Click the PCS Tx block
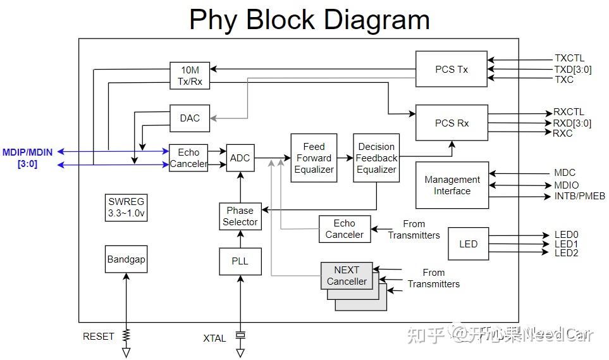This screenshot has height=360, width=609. pyautogui.click(x=451, y=69)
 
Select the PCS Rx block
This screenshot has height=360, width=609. pyautogui.click(x=452, y=123)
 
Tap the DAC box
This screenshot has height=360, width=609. pyautogui.click(x=190, y=118)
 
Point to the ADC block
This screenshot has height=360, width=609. pyautogui.click(x=240, y=158)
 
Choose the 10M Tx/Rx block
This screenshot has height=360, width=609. pyautogui.click(x=190, y=75)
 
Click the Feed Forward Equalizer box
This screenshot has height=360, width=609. pyautogui.click(x=314, y=158)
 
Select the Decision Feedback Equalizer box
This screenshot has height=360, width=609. pyautogui.click(x=376, y=158)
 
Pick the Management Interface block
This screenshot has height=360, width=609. pyautogui.click(x=452, y=185)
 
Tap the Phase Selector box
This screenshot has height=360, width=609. pyautogui.click(x=240, y=216)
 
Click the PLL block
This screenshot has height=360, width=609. pyautogui.click(x=240, y=261)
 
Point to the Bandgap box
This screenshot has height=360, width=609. pyautogui.click(x=126, y=259)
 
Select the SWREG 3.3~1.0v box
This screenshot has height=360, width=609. pyautogui.click(x=126, y=208)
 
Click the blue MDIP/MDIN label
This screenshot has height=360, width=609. pyautogui.click(x=28, y=158)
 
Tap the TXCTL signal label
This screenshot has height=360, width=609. pyautogui.click(x=569, y=58)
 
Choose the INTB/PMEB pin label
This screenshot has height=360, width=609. pyautogui.click(x=579, y=196)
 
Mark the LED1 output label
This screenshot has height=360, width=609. pyautogui.click(x=566, y=244)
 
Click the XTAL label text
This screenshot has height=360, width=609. pyautogui.click(x=214, y=338)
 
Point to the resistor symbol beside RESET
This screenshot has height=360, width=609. pyautogui.click(x=126, y=335)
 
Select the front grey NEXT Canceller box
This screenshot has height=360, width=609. pyautogui.click(x=347, y=275)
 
